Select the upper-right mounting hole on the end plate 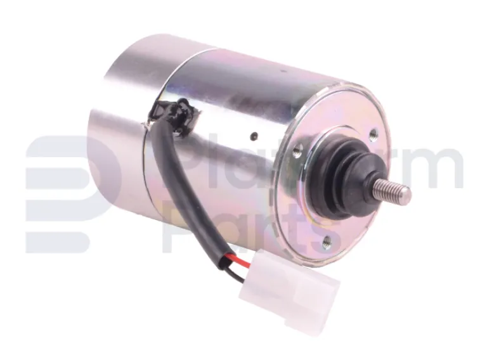click(372, 133)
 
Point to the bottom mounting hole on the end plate click(327, 240)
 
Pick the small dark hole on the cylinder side click(254, 136)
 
